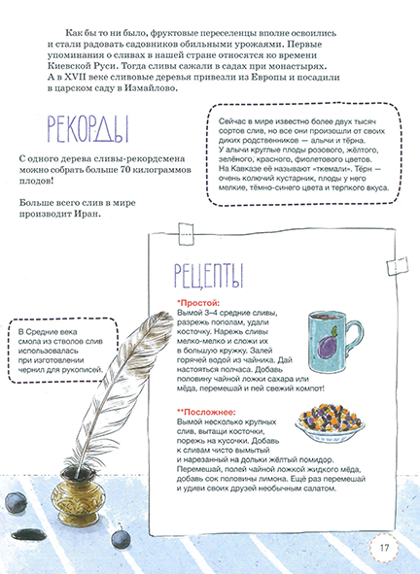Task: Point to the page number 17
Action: (385, 547)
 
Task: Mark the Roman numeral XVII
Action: (66, 79)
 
